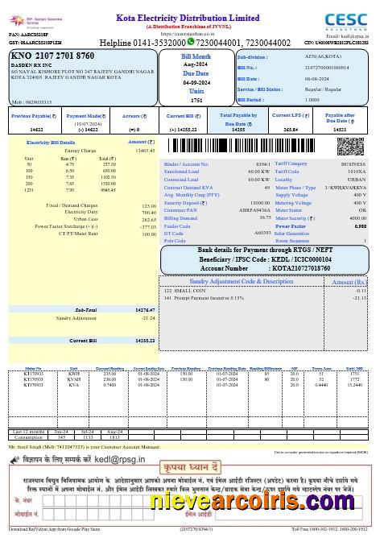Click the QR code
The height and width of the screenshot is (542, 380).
[x=349, y=148]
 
